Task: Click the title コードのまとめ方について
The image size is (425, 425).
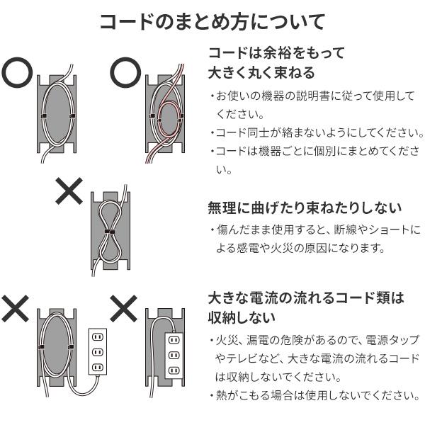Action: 212,22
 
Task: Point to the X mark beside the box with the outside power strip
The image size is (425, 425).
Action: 15,308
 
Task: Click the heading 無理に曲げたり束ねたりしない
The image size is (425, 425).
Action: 305,208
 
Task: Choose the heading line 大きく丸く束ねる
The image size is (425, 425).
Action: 261,73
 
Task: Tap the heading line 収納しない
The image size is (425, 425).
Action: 241,317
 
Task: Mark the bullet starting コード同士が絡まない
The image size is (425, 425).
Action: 317,132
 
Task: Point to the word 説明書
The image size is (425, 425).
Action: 333,96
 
